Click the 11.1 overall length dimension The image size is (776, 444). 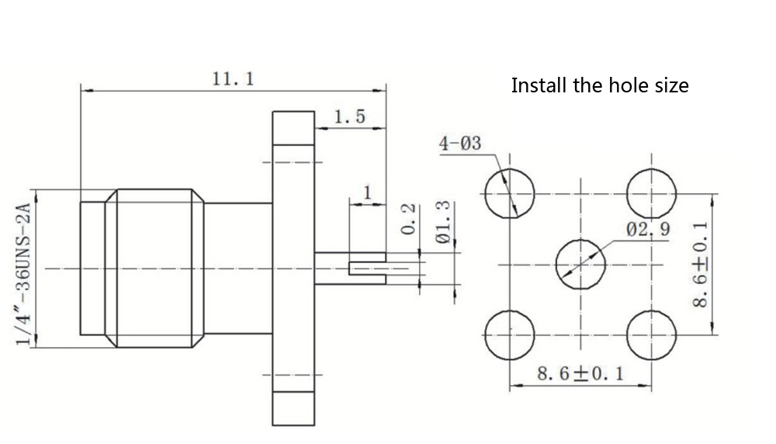pos(233,79)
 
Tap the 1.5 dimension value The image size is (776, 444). pos(349,117)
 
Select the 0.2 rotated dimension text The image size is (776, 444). pos(412,220)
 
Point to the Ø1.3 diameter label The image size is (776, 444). pos(444,224)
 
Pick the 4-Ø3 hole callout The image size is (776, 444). pos(460,144)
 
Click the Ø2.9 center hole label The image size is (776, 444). pos(649,229)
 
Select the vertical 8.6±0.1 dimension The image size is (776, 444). pos(702,264)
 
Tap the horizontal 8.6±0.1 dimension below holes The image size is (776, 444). pos(581,374)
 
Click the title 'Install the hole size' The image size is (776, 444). pos(599,85)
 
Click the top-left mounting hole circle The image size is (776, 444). pos(510,193)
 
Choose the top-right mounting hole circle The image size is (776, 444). pos(651,193)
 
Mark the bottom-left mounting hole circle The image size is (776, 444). pos(510,335)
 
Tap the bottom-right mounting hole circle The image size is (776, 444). pos(651,335)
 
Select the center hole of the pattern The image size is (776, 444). pos(580,264)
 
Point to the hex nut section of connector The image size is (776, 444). pos(154,268)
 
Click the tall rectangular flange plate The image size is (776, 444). pos(293,269)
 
